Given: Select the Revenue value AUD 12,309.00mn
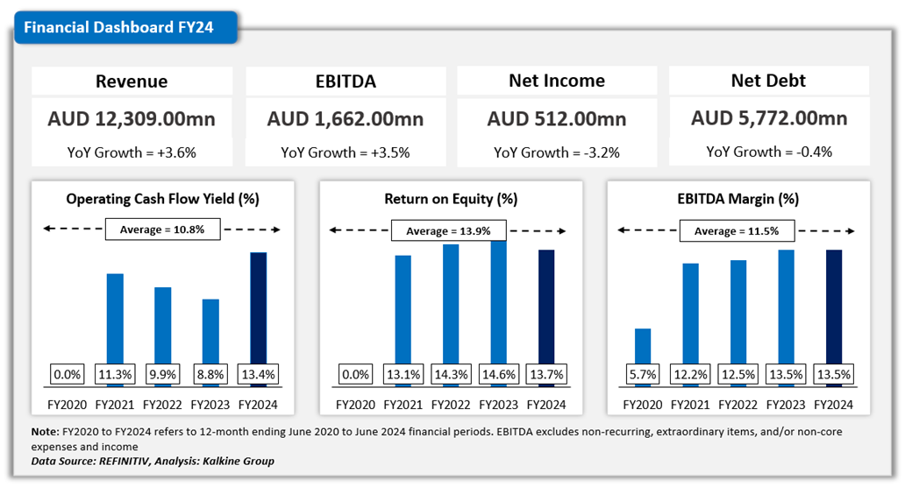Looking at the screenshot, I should [x=132, y=119].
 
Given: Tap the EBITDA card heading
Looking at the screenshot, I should [x=346, y=81].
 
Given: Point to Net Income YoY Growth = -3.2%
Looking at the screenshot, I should [x=557, y=152].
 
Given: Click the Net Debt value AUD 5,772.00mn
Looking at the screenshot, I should [x=769, y=119].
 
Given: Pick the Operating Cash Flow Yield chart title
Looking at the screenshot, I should [x=162, y=199].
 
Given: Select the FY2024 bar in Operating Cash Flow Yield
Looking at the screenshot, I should [x=258, y=307].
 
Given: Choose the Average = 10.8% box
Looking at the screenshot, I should [x=162, y=230].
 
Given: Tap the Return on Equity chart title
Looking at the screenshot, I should [x=450, y=199].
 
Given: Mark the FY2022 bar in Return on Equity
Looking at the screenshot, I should [x=450, y=303].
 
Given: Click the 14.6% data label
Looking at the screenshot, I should [x=498, y=375].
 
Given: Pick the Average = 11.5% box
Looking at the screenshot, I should [x=737, y=231].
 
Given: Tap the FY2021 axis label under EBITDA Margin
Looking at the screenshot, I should [x=690, y=406].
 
